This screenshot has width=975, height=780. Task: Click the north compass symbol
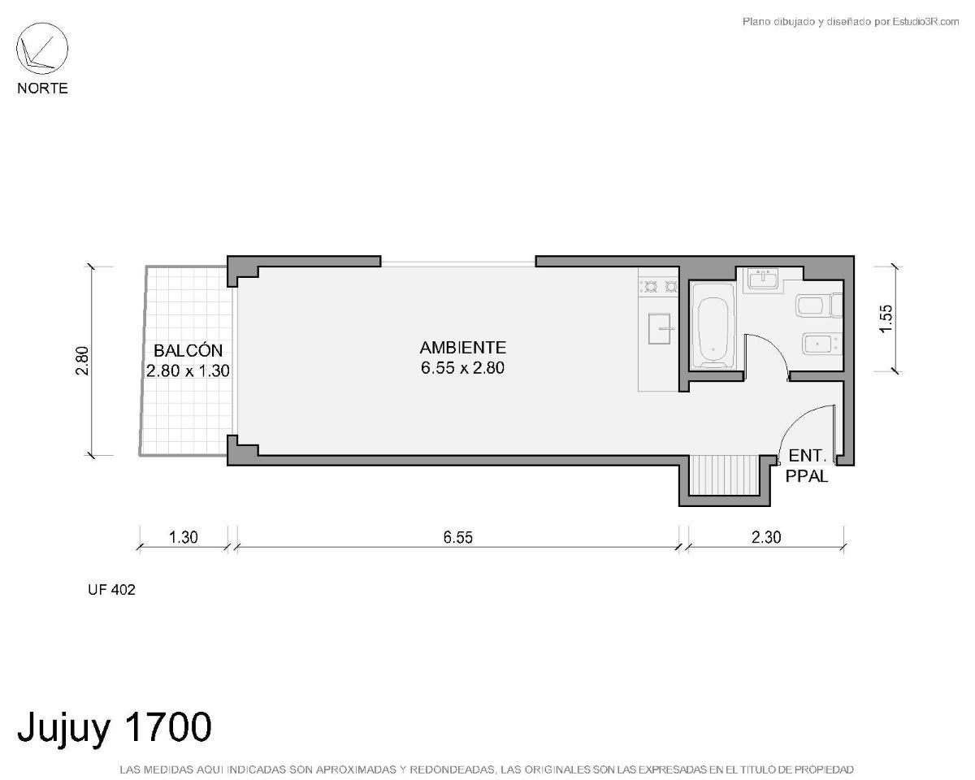pyautogui.click(x=42, y=49)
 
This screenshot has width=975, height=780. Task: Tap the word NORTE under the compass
pyautogui.click(x=42, y=89)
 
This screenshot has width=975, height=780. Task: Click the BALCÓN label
pyautogui.click(x=188, y=351)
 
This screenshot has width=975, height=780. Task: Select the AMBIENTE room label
pyautogui.click(x=462, y=348)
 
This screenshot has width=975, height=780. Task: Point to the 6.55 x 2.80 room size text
pyautogui.click(x=462, y=368)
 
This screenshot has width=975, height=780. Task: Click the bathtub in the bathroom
pyautogui.click(x=713, y=332)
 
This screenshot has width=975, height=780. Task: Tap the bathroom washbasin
pyautogui.click(x=765, y=279)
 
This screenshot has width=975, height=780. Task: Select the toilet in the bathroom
pyautogui.click(x=819, y=305)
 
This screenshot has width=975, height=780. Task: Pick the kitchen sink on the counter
pyautogui.click(x=659, y=328)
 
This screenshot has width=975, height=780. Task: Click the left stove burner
pyautogui.click(x=651, y=287)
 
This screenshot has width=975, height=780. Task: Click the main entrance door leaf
pyautogui.click(x=834, y=434)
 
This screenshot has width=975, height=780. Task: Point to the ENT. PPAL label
pyautogui.click(x=807, y=466)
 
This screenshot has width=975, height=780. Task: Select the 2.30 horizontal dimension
pyautogui.click(x=766, y=538)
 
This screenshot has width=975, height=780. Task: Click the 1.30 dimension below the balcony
pyautogui.click(x=184, y=538)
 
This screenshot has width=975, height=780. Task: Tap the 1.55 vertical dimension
pyautogui.click(x=886, y=318)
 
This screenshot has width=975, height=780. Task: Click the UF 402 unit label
pyautogui.click(x=111, y=590)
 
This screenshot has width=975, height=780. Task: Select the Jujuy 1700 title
pyautogui.click(x=115, y=727)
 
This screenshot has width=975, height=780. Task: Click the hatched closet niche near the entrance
pyautogui.click(x=724, y=475)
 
